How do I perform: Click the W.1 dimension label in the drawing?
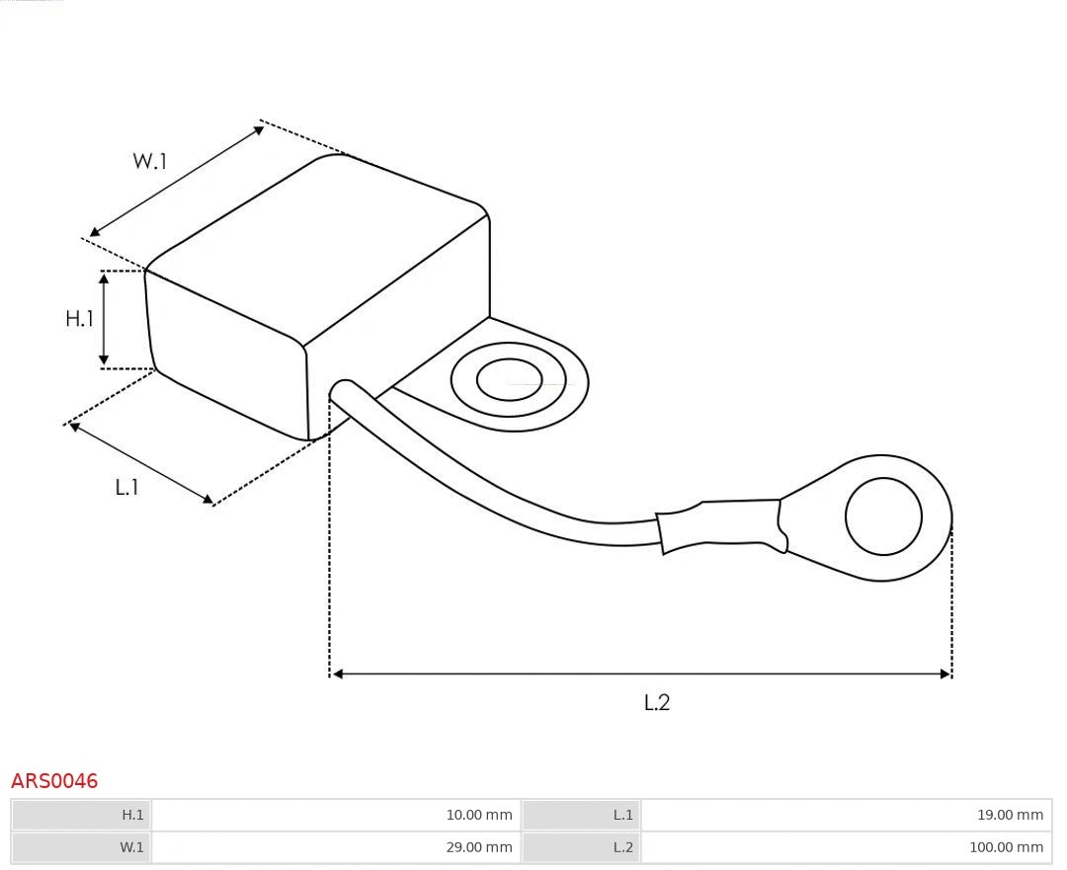[x=150, y=161]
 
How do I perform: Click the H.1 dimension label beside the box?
[x=79, y=318]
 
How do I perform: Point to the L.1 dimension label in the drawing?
[x=126, y=487]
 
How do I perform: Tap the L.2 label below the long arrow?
[x=657, y=702]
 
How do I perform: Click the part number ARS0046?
[x=54, y=781]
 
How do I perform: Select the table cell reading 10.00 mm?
[x=336, y=815]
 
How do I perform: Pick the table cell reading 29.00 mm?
[x=336, y=847]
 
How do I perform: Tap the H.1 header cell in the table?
[x=82, y=815]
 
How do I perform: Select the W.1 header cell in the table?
[x=82, y=847]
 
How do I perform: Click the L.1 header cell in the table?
[x=581, y=815]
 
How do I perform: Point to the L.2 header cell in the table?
[x=581, y=847]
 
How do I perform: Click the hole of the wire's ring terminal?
[x=883, y=516]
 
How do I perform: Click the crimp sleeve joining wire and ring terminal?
[x=721, y=524]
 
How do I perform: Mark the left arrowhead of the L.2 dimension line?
[x=337, y=673]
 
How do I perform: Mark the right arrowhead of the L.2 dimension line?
[x=944, y=673]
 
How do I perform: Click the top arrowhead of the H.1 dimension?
[x=104, y=277]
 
